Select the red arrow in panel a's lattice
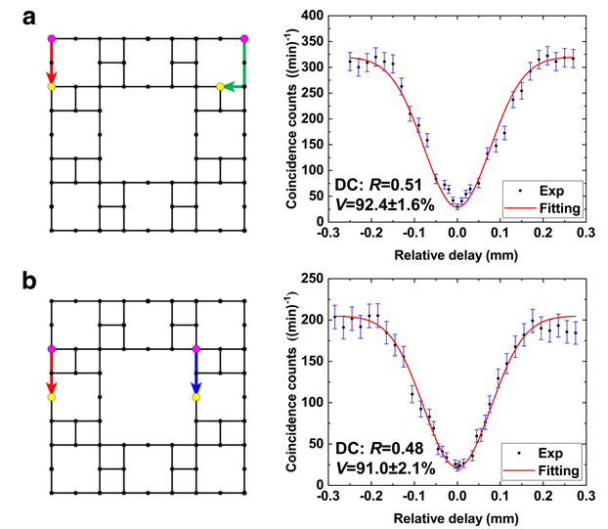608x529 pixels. coord(52,63)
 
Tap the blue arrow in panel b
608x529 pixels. coord(196,373)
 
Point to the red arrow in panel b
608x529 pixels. coord(52,373)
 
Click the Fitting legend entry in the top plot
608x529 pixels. coord(552,206)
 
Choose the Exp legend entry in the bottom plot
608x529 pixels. coord(541,452)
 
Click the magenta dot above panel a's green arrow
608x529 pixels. coord(243,38)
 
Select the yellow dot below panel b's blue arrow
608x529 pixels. coord(196,397)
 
